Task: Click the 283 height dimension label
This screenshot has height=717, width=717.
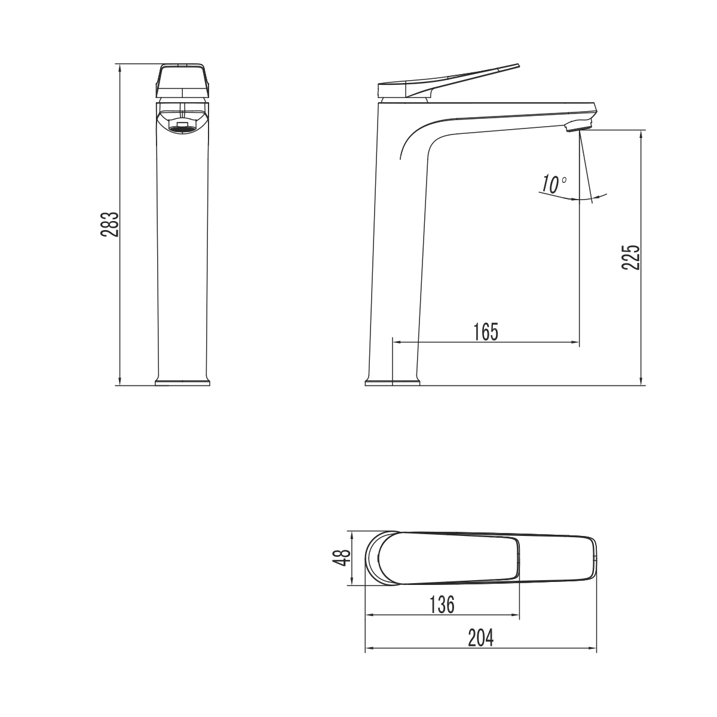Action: pos(109,224)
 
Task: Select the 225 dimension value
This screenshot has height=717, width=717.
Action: pos(631,257)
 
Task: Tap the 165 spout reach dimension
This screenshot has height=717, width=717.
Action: pos(485,332)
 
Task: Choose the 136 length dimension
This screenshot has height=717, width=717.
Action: pos(442,605)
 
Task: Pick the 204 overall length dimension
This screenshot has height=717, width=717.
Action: pos(481,638)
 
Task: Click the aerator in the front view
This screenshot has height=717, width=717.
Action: pos(183,126)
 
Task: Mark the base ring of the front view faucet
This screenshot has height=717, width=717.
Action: pos(183,382)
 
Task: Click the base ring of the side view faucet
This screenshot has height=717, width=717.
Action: pos(392,382)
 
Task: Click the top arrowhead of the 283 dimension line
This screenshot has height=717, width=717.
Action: pos(120,68)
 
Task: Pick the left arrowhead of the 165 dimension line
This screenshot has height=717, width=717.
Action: pos(396,342)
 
